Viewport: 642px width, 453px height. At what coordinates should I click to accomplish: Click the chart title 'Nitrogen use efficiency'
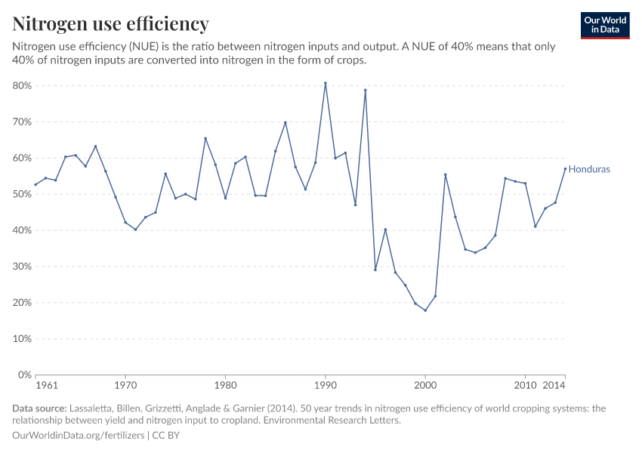(110, 24)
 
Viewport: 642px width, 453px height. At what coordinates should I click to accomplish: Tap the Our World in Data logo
(604, 25)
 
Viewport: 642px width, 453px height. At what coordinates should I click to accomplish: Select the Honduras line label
(588, 169)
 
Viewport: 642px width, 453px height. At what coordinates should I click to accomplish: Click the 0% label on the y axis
(24, 375)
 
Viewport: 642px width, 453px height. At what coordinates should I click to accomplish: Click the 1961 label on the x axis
(46, 387)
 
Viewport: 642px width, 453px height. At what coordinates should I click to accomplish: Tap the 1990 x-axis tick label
(325, 387)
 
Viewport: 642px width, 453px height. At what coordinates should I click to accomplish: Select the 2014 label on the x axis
(555, 387)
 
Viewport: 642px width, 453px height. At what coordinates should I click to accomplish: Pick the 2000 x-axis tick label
(425, 387)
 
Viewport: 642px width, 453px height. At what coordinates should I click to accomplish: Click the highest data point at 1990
(325, 83)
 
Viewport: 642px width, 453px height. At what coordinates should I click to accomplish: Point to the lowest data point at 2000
(425, 310)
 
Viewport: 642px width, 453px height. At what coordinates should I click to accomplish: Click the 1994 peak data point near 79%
(365, 90)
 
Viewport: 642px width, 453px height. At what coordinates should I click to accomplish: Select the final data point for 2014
(565, 168)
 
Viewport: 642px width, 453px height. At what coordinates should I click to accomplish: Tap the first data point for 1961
(35, 185)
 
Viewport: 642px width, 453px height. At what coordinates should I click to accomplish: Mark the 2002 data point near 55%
(446, 174)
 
